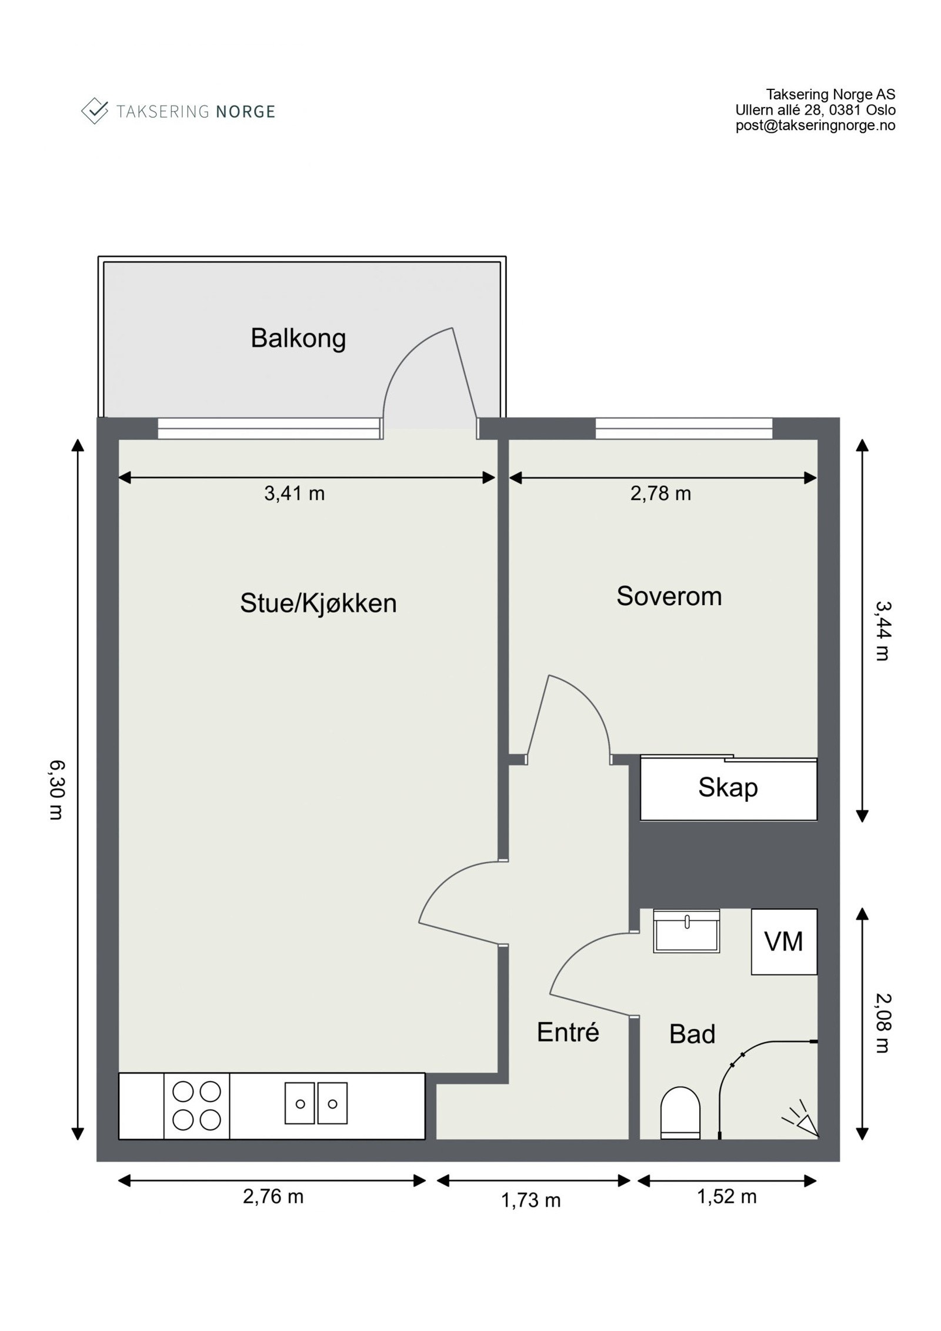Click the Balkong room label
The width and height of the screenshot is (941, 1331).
(298, 339)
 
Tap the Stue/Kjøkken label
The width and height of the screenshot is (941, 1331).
(318, 603)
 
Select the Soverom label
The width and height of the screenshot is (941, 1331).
(669, 596)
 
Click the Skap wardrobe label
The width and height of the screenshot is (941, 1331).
(728, 788)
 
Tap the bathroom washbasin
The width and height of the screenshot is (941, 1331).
(686, 930)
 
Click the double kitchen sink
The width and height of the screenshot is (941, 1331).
(316, 1103)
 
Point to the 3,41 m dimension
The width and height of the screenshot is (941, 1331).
(294, 493)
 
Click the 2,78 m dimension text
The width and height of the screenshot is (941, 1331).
(660, 493)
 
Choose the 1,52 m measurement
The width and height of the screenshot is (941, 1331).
(727, 1196)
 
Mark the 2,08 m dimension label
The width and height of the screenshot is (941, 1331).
(883, 1023)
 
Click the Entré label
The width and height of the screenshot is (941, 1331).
(568, 1032)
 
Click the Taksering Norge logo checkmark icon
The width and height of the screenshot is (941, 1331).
(94, 111)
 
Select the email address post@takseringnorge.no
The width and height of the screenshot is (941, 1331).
(816, 125)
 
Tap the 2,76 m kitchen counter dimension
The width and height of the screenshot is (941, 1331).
(273, 1196)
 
